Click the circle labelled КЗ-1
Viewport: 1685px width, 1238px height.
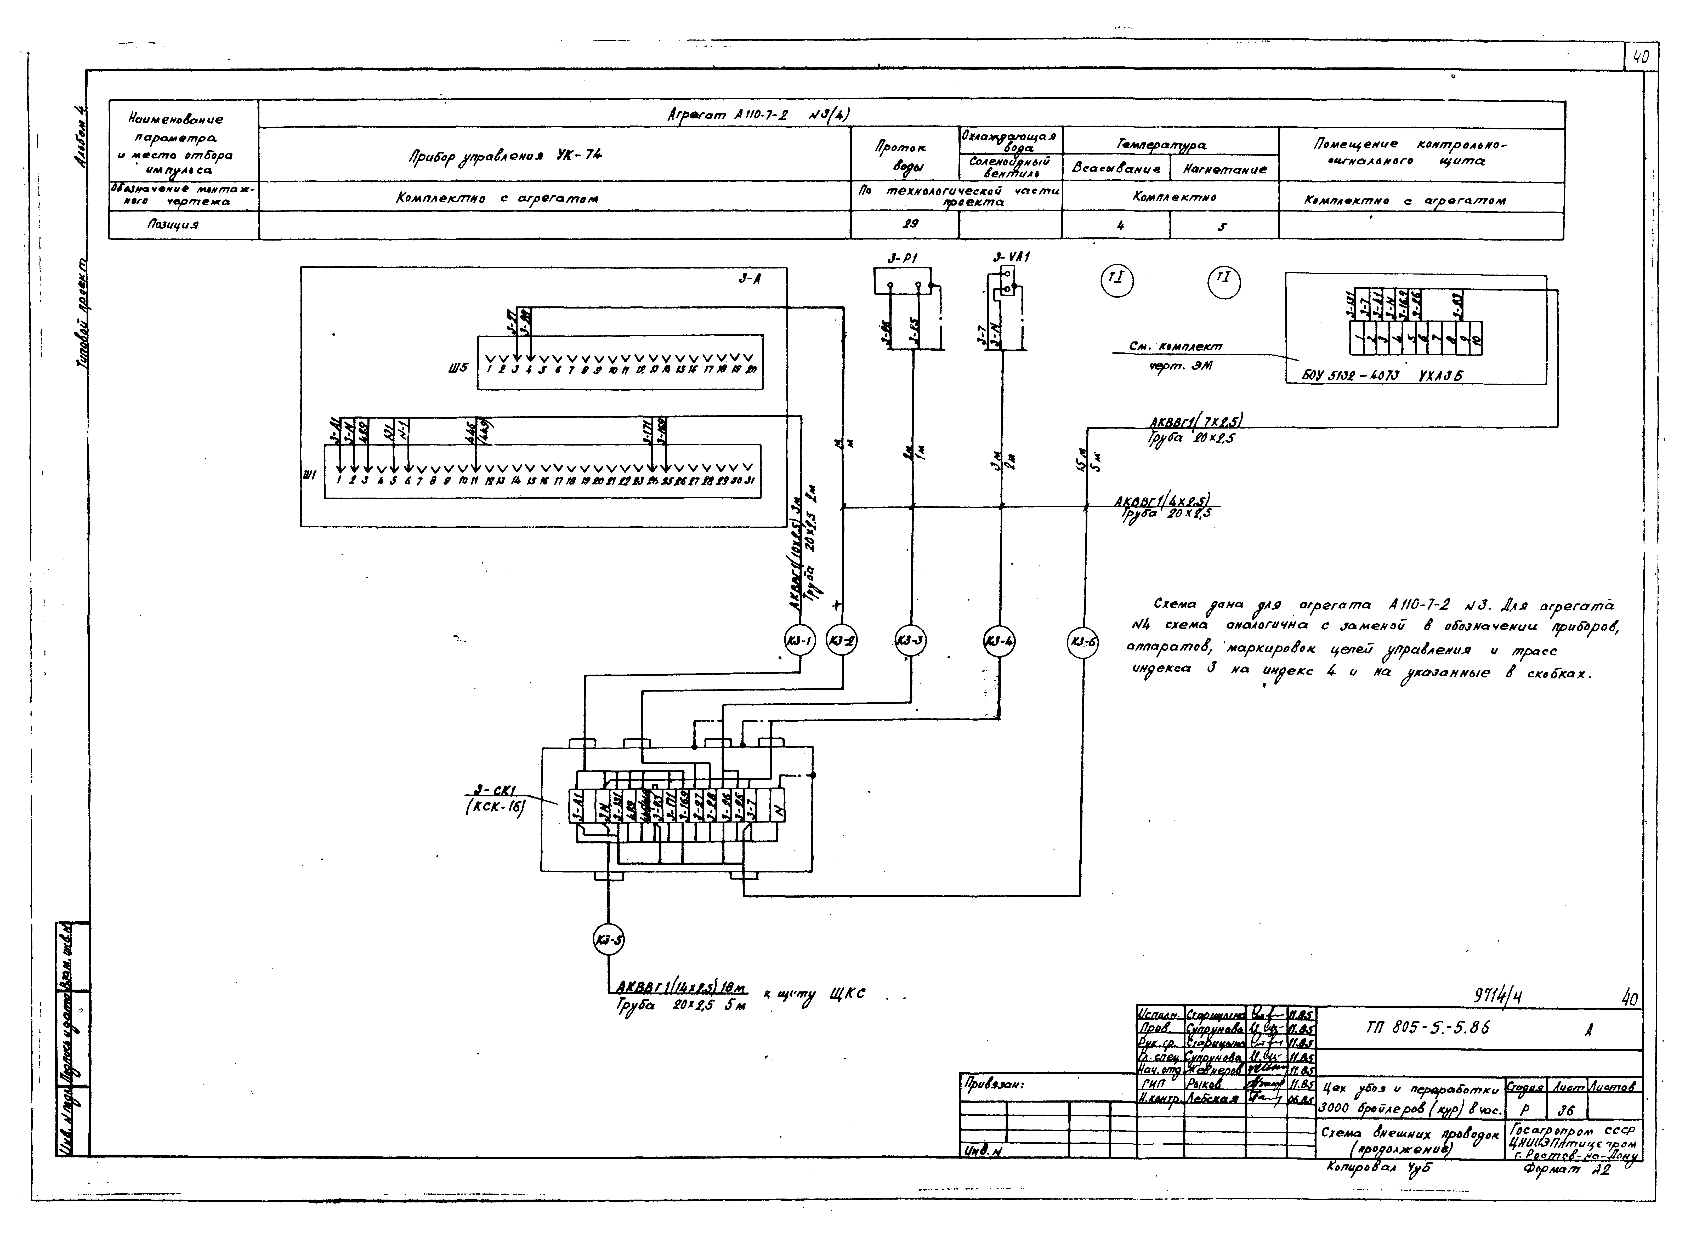tap(799, 641)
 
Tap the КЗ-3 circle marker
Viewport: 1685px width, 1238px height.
tap(911, 641)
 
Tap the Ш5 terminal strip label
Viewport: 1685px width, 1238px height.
tap(457, 368)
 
